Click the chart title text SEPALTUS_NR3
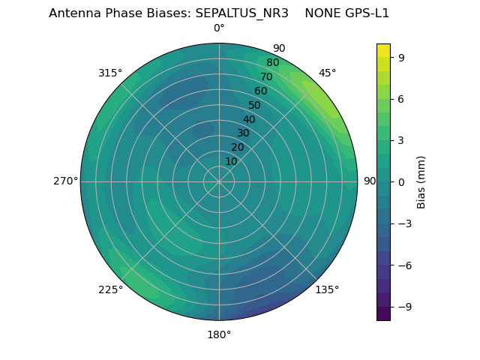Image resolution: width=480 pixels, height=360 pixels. click(x=241, y=13)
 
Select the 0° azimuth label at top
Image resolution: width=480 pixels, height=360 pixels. click(x=219, y=28)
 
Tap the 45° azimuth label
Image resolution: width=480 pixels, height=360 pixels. click(x=328, y=73)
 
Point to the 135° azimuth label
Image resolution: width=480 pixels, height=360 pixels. click(x=327, y=289)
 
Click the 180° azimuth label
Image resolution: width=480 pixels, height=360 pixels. click(x=219, y=334)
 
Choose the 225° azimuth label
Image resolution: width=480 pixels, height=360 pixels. click(x=110, y=289)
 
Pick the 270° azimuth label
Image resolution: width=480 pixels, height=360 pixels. click(x=65, y=181)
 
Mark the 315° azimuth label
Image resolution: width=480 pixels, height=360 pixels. click(x=110, y=73)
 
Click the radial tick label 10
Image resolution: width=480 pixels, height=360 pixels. click(x=232, y=161)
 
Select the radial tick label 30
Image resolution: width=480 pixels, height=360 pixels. click(x=244, y=133)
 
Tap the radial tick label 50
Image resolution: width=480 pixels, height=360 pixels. click(x=255, y=106)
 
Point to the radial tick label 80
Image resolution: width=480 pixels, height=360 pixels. click(x=272, y=63)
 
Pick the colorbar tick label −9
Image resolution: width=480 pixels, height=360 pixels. click(x=402, y=307)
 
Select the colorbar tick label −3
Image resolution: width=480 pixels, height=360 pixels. click(x=402, y=223)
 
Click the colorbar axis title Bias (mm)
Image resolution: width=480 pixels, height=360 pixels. click(x=421, y=181)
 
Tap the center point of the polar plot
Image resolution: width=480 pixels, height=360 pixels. click(x=219, y=181)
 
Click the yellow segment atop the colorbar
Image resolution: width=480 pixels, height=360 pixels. click(x=383, y=49)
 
